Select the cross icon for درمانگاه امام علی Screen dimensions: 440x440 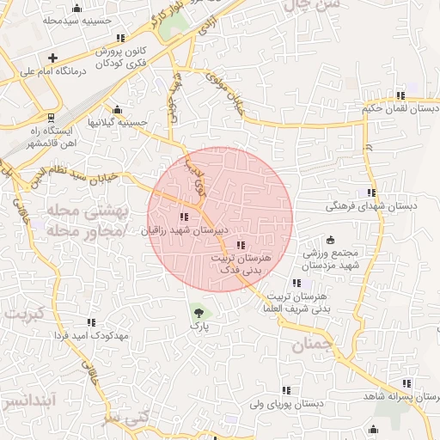pyautogui.click(x=52, y=58)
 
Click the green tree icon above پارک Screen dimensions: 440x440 pyautogui.click(x=199, y=311)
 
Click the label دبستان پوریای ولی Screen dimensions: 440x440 pyautogui.click(x=286, y=403)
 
